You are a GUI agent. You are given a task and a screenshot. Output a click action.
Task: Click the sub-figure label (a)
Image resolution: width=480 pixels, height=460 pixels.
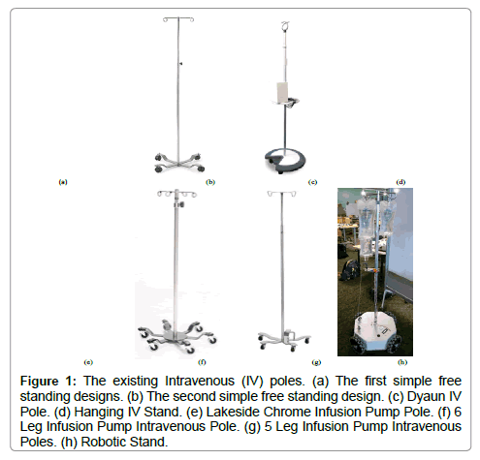[x=63, y=182]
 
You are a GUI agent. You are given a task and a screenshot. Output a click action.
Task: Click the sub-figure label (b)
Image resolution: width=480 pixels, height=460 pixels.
[x=210, y=182]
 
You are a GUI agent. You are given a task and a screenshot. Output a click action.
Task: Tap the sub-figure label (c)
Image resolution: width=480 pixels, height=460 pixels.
[x=312, y=182]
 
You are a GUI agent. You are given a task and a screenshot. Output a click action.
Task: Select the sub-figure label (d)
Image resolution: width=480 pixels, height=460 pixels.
[x=400, y=182]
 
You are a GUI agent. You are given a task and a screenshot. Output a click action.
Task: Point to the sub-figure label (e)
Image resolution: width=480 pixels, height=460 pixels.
[x=88, y=362]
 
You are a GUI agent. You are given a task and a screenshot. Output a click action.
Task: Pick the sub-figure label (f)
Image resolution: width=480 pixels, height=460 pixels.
[x=202, y=362]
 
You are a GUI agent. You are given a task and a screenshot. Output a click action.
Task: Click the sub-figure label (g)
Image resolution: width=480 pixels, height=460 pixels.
[x=316, y=362]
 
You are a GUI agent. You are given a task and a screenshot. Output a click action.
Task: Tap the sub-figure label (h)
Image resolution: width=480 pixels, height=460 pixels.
[x=402, y=362]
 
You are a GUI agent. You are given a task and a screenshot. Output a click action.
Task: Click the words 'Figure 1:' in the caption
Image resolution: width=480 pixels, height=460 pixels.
[x=48, y=382]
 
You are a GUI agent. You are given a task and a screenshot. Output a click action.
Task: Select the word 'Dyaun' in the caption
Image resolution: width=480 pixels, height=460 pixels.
[x=427, y=396]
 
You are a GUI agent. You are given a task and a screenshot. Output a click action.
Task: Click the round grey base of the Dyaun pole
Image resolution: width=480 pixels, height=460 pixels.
[x=285, y=161]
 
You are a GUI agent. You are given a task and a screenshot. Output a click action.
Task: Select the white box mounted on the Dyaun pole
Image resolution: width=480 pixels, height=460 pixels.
[x=282, y=92]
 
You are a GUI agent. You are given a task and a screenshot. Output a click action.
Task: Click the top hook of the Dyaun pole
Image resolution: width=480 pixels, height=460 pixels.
[x=285, y=26]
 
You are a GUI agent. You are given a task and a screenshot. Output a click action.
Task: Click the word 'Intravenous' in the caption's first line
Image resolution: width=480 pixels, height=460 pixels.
[x=200, y=382]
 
